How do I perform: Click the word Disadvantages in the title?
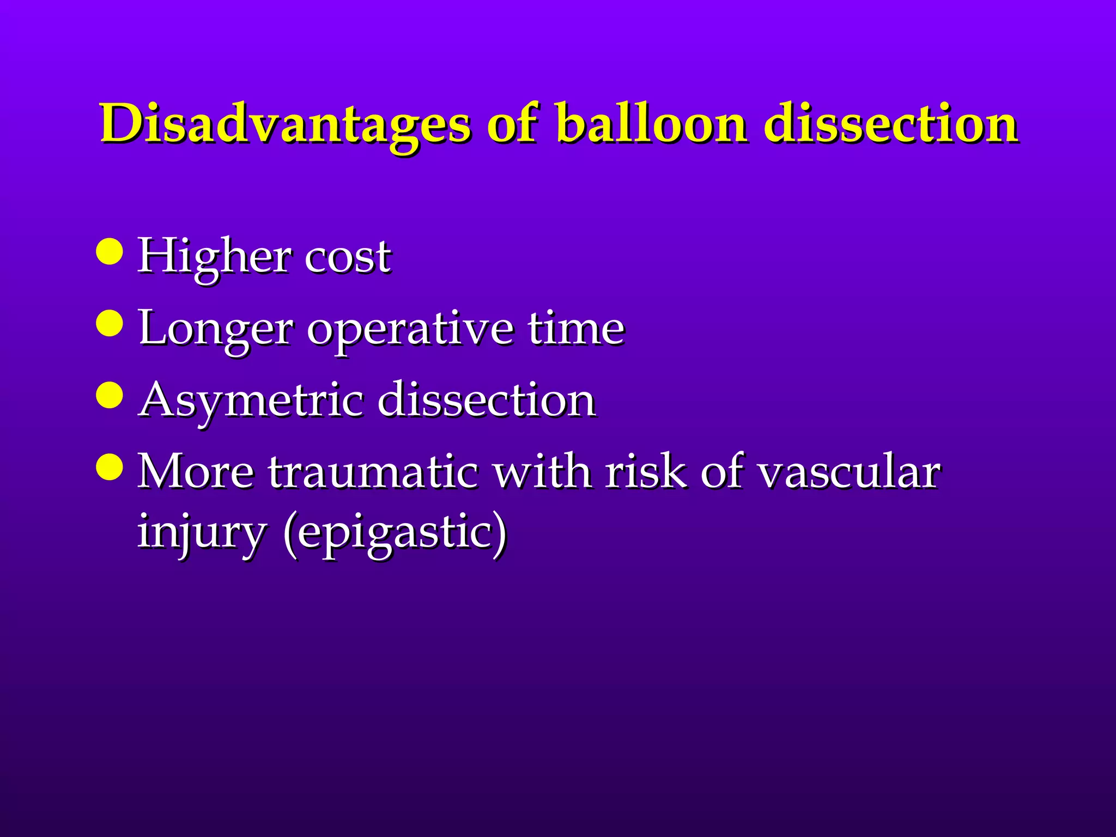click(x=284, y=124)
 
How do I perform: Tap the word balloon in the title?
click(x=651, y=124)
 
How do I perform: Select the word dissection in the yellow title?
click(x=890, y=124)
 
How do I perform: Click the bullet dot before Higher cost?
click(x=109, y=251)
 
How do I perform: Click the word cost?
click(x=347, y=256)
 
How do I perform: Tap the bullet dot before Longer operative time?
click(x=109, y=323)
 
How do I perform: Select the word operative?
click(x=410, y=329)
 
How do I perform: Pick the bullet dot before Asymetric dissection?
click(x=109, y=395)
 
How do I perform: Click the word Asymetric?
click(x=251, y=401)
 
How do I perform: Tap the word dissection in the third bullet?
click(x=487, y=400)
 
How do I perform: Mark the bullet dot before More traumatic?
click(x=109, y=466)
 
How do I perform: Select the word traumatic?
click(x=373, y=472)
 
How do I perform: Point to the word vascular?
click(x=849, y=472)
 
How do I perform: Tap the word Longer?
click(x=216, y=329)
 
